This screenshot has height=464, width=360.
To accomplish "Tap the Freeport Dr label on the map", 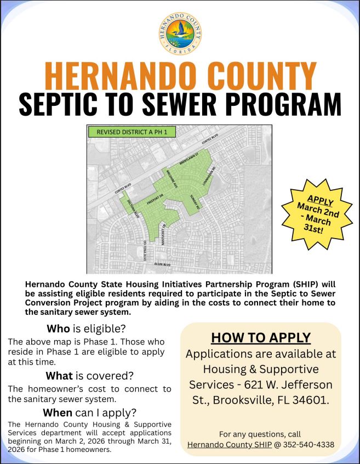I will (x=156, y=199).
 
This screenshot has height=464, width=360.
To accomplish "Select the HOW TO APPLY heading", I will (x=261, y=337).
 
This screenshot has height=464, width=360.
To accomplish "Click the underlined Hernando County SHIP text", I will (x=230, y=444).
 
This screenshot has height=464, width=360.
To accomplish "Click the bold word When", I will (x=58, y=412).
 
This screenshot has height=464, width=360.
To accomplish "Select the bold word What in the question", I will (x=59, y=376).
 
